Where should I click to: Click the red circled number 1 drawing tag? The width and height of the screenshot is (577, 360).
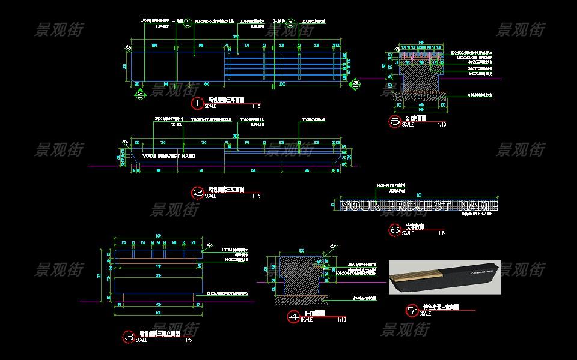tap(198, 104)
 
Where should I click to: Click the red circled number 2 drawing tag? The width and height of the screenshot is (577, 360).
tap(198, 193)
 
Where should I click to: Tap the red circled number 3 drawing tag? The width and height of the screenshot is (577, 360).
tap(129, 337)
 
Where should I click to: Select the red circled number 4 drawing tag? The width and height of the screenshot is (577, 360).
tap(293, 317)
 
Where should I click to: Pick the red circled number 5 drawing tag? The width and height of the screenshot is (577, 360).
tap(395, 122)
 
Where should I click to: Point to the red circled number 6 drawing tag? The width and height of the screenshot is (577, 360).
tap(395, 230)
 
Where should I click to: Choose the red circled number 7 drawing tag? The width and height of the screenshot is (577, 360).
tap(412, 310)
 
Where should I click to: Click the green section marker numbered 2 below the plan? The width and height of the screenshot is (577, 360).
tap(139, 93)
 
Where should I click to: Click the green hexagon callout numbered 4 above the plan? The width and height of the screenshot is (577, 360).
tap(188, 23)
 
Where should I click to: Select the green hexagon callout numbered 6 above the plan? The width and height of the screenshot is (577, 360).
tap(290, 23)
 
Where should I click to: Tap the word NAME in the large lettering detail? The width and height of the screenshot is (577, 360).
tap(478, 206)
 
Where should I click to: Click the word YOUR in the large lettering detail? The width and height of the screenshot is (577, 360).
tap(360, 206)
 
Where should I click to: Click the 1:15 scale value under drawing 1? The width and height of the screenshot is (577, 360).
tap(257, 106)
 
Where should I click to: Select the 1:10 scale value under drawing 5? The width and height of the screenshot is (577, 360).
tap(442, 125)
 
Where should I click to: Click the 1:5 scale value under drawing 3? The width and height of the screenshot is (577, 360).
tap(188, 340)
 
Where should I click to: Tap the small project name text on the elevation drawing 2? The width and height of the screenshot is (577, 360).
tap(169, 156)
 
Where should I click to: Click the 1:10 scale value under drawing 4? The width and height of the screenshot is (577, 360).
tap(341, 320)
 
